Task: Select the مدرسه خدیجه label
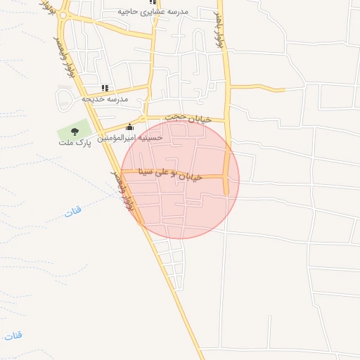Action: (105, 99)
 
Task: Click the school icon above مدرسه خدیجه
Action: (105, 88)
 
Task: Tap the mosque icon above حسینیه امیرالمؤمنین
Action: (129, 127)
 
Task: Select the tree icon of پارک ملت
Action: (75, 131)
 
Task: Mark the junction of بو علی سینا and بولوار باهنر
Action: (226, 177)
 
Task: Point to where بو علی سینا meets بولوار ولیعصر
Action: (124, 171)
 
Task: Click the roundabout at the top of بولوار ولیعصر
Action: (63, 15)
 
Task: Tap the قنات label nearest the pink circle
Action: (73, 210)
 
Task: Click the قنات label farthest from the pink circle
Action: (13, 335)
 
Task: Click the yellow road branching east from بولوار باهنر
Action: (257, 89)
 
